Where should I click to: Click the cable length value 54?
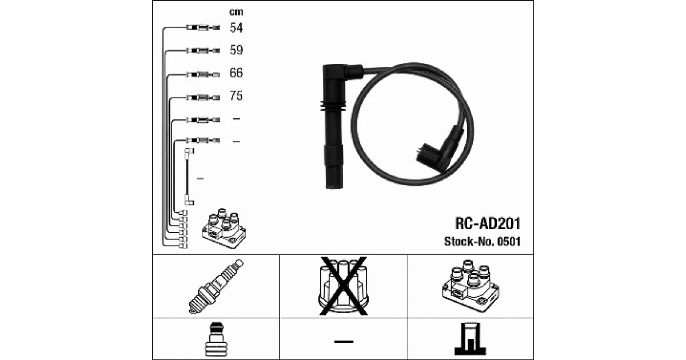[x=236, y=27]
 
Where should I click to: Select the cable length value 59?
[x=236, y=50]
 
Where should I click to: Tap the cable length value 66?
[x=236, y=73]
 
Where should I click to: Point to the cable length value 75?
[x=236, y=96]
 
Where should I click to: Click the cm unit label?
[x=236, y=12]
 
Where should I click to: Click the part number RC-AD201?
[x=488, y=223]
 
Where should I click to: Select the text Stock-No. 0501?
[x=482, y=242]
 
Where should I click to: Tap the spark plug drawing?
[x=216, y=286]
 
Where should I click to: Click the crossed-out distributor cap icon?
[x=344, y=286]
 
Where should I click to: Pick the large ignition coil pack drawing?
[x=470, y=286]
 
